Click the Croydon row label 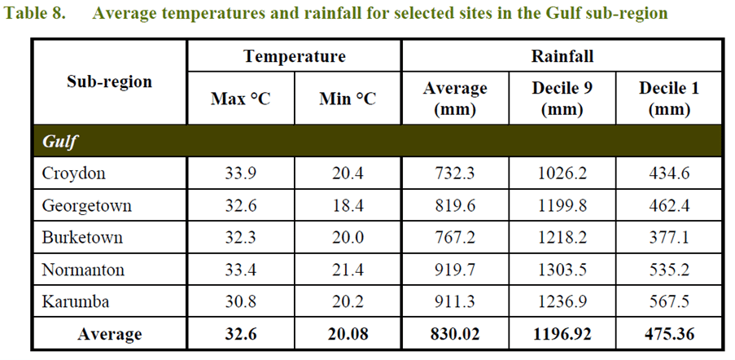74,173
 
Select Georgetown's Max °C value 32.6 241,206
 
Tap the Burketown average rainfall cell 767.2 455,238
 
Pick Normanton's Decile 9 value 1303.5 562,270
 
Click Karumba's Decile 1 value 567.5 668,301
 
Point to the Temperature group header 294,56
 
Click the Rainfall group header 562,56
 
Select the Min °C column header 348,99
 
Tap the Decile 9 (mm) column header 562,99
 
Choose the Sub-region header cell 109,81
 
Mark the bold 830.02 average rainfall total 455,334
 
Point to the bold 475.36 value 668,334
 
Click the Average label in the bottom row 109,334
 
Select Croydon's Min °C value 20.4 348,173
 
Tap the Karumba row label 76,301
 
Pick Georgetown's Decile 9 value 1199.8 562,206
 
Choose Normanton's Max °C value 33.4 241,270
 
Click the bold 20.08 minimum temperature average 348,334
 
